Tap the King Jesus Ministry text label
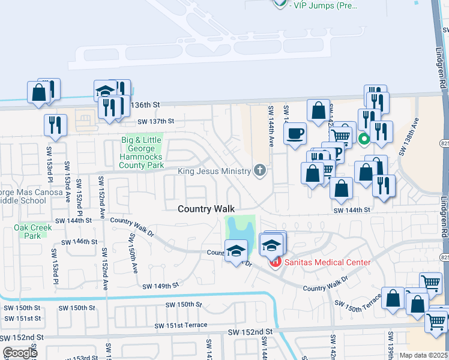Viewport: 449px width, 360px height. pyautogui.click(x=214, y=172)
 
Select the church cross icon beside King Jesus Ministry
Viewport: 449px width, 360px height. pyautogui.click(x=260, y=171)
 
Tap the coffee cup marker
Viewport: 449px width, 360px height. pyautogui.click(x=295, y=133)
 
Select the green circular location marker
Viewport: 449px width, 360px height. pyautogui.click(x=364, y=140)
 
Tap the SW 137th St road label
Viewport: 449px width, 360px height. pyautogui.click(x=155, y=121)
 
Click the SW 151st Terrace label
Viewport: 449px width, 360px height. pyautogui.click(x=181, y=325)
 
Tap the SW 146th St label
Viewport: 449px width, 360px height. pyautogui.click(x=78, y=241)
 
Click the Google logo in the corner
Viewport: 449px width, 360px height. pyautogui.click(x=20, y=353)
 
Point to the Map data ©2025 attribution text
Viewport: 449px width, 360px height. pyautogui.click(x=423, y=355)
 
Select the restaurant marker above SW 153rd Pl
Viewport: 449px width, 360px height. pyautogui.click(x=55, y=125)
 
